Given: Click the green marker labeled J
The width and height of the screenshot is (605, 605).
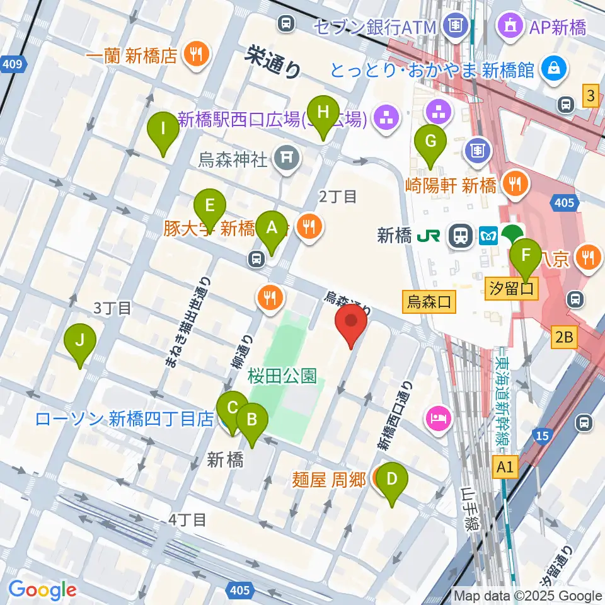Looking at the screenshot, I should click(x=79, y=342).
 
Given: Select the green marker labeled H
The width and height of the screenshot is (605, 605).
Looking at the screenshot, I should click(x=323, y=113).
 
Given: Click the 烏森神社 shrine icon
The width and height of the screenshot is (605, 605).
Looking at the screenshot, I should click(x=287, y=155).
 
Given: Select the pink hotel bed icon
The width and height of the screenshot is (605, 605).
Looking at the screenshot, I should click(x=439, y=418).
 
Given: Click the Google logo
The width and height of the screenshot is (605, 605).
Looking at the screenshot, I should click(x=42, y=590).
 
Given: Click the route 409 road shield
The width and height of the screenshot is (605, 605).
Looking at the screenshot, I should click(x=15, y=63).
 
